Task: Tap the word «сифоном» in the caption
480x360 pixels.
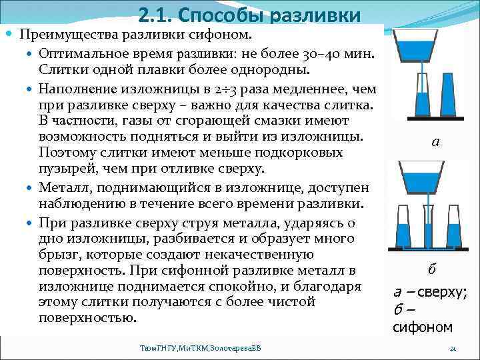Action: (x=423, y=327)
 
